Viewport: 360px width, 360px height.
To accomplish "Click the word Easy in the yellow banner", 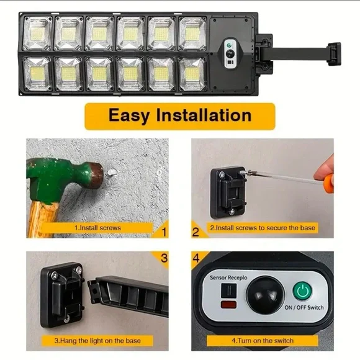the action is (x=129, y=116).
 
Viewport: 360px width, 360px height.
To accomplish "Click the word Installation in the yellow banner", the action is (x=204, y=115).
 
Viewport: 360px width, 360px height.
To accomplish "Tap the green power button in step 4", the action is (x=302, y=291).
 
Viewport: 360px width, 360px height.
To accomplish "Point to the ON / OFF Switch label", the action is (x=304, y=307).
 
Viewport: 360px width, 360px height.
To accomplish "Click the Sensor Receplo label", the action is (x=228, y=277).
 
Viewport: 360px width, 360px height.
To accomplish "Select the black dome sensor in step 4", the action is (x=265, y=295).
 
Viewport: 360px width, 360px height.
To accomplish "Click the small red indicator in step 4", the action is (x=228, y=305).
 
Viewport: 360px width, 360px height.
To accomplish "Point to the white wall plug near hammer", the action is (x=111, y=172).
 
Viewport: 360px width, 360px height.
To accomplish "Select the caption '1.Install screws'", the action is (x=97, y=228).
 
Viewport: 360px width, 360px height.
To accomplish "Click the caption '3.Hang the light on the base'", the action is (x=97, y=341).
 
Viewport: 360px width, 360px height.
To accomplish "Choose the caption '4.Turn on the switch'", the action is (x=263, y=341).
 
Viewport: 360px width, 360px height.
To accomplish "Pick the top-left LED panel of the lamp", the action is (x=37, y=34).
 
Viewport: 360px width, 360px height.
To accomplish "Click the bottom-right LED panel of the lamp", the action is (x=192, y=74).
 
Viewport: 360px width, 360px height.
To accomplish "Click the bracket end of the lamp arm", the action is (x=334, y=54).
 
